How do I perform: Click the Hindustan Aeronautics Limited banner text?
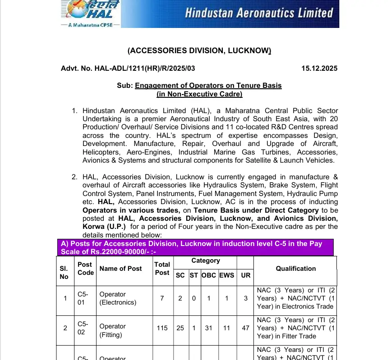click(x=259, y=12)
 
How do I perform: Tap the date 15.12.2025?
click(x=319, y=68)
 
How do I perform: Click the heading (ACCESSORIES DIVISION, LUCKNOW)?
click(x=199, y=51)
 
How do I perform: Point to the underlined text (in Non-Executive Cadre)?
click(x=199, y=94)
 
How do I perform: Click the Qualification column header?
click(x=295, y=269)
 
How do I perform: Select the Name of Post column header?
click(x=120, y=269)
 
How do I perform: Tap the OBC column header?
click(x=208, y=275)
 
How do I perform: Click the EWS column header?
click(x=226, y=275)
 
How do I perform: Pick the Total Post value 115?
click(x=162, y=328)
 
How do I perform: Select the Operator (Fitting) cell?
click(x=113, y=331)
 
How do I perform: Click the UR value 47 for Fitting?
click(x=245, y=328)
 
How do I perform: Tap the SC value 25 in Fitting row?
click(x=180, y=328)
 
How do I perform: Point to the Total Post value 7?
click(x=162, y=298)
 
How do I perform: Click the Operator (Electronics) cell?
click(x=118, y=298)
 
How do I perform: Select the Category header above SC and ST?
click(x=206, y=260)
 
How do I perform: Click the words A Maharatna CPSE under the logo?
click(x=91, y=26)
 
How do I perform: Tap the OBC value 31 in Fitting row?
click(x=208, y=328)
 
